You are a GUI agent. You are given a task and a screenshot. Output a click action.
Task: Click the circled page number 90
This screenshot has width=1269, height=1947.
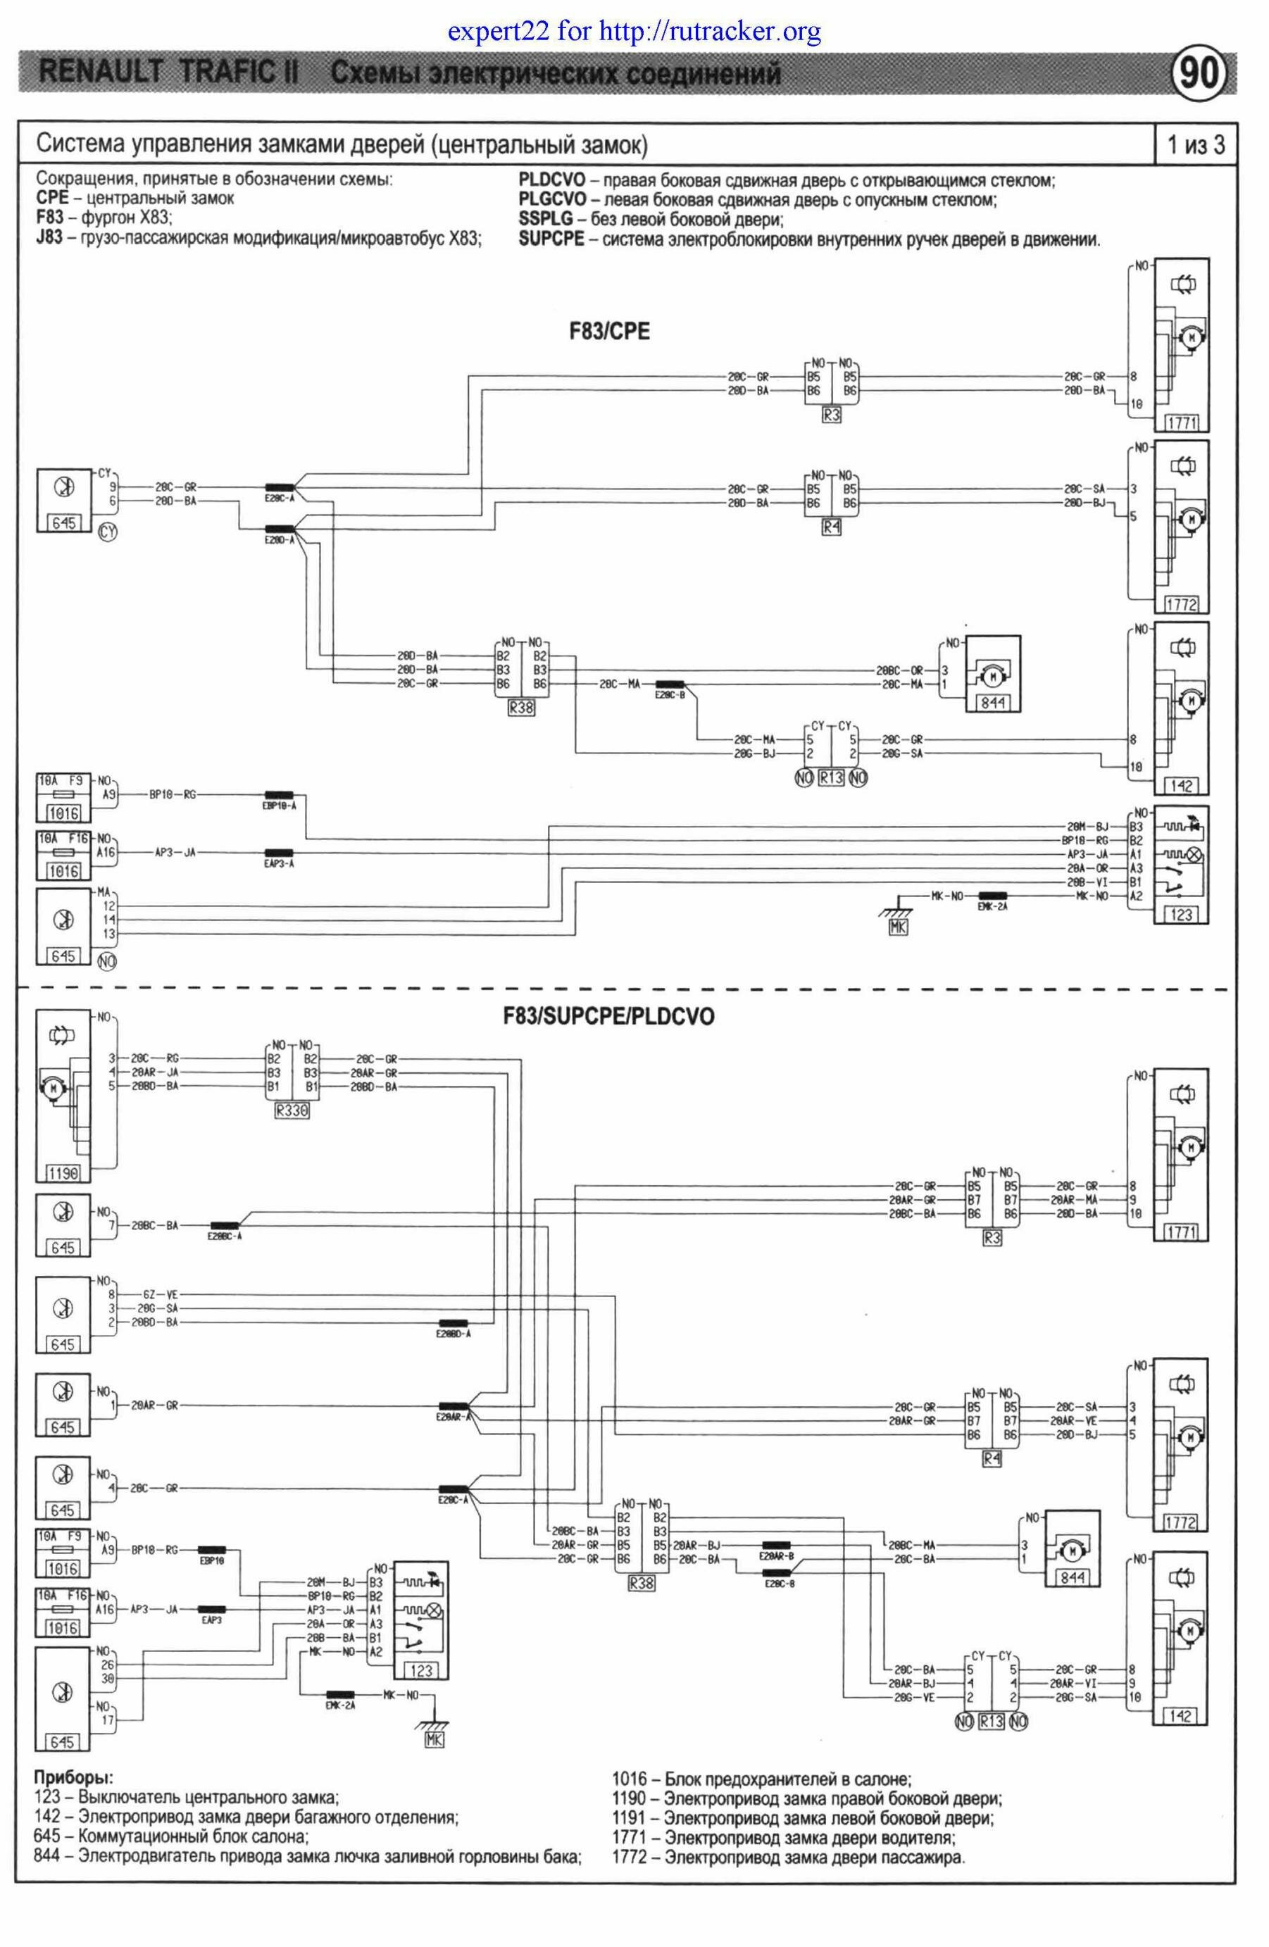click(1200, 75)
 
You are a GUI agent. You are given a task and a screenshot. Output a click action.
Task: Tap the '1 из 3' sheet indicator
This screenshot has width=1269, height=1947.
click(1195, 146)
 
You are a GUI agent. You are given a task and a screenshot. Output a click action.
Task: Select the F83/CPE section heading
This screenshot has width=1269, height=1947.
click(610, 332)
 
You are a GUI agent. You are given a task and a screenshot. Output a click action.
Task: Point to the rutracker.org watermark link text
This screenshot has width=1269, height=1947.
click(634, 32)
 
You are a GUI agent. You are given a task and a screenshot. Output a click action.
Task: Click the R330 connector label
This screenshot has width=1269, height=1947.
click(292, 1112)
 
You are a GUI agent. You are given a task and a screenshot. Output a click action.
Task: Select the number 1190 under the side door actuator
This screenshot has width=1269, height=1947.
click(63, 1174)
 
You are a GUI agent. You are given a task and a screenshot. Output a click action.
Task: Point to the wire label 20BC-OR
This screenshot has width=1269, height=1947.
click(904, 669)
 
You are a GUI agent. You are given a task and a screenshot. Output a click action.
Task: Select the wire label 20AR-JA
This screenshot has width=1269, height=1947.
click(161, 1072)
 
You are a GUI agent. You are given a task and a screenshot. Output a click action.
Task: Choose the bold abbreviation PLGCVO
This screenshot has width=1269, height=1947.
click(553, 199)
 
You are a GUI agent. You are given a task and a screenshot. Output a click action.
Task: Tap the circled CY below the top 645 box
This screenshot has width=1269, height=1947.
click(107, 532)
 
